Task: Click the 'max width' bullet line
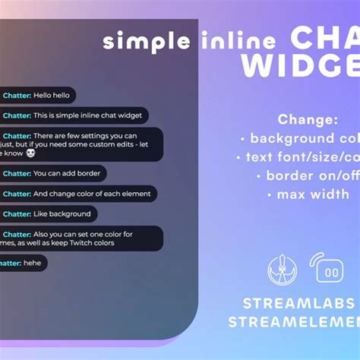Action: (308, 194)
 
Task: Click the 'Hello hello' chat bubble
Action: (38, 96)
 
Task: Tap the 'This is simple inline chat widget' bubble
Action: (73, 116)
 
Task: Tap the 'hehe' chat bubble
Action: (23, 263)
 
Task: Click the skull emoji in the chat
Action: (30, 153)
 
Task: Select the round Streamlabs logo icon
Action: (282, 269)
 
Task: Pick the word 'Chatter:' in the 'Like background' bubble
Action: (17, 214)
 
